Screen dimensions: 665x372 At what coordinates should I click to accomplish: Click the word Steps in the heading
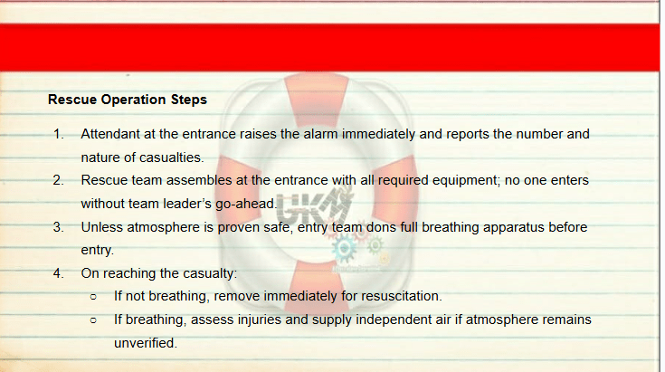click(x=189, y=100)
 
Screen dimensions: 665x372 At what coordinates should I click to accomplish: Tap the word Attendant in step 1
click(x=110, y=134)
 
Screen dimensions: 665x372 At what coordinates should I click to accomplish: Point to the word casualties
click(x=171, y=157)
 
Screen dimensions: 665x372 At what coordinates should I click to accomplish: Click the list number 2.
click(x=58, y=180)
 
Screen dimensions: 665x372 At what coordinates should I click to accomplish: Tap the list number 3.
click(x=58, y=227)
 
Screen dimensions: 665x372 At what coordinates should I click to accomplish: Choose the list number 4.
click(x=58, y=273)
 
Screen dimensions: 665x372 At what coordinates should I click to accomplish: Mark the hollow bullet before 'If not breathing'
click(x=93, y=297)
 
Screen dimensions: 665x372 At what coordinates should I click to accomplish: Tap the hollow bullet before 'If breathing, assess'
click(x=93, y=320)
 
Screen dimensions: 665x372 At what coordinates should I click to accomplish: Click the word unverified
click(x=146, y=343)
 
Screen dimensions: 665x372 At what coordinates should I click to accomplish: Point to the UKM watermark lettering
click(x=315, y=205)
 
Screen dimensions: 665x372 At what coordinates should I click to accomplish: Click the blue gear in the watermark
click(x=344, y=249)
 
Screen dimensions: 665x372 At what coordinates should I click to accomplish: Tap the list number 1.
click(x=58, y=134)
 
